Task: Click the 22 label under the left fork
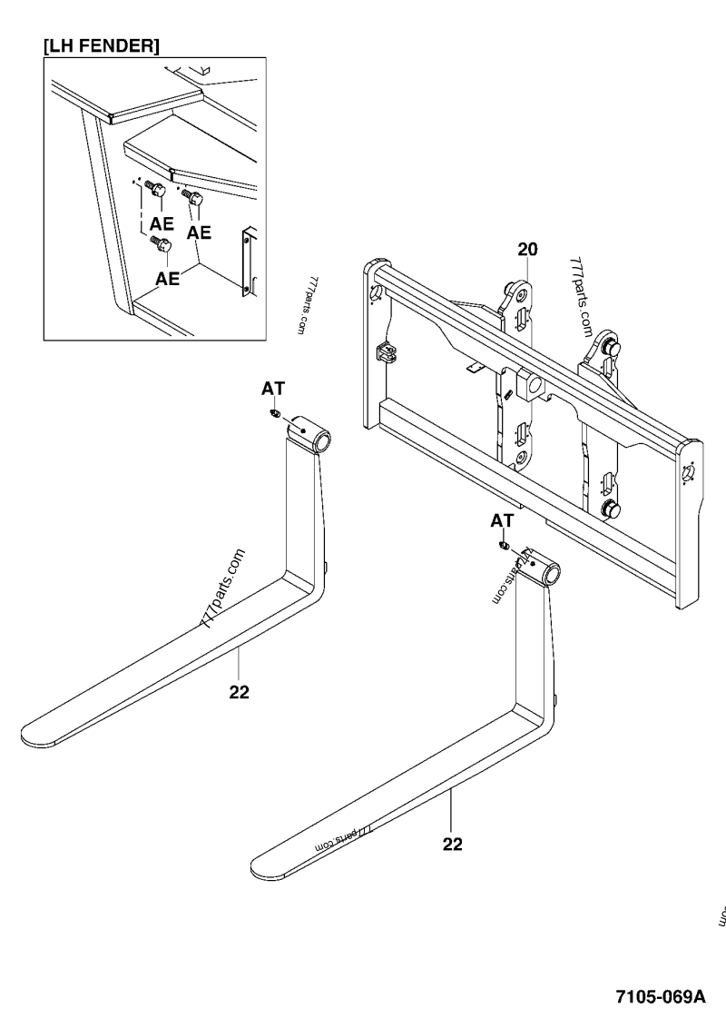coord(239,693)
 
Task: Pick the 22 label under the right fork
coord(452,844)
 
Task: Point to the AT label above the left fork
coord(273,389)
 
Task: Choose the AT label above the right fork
coord(502,521)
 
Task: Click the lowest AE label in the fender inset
coord(167,279)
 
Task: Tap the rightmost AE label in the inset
coord(199,232)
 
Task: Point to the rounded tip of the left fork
coord(36,733)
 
